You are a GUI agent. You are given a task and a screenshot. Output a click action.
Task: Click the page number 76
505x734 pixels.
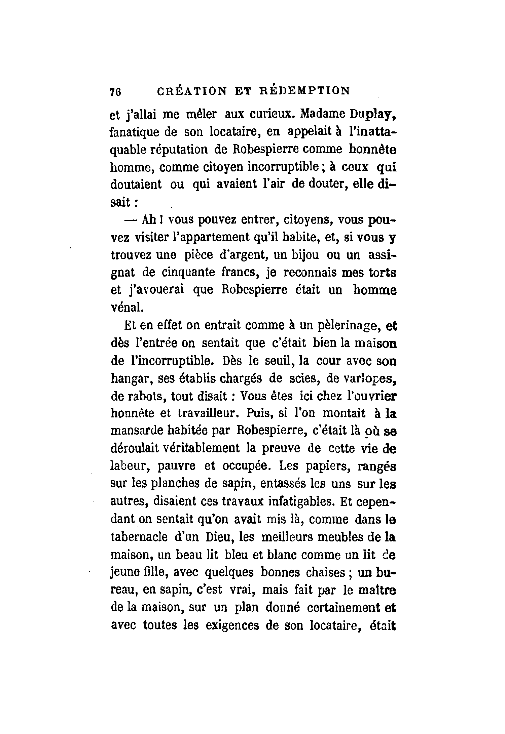[115, 92]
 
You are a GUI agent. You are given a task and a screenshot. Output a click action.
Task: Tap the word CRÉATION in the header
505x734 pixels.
[192, 91]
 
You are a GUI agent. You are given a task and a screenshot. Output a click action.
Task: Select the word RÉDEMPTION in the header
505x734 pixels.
[305, 91]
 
